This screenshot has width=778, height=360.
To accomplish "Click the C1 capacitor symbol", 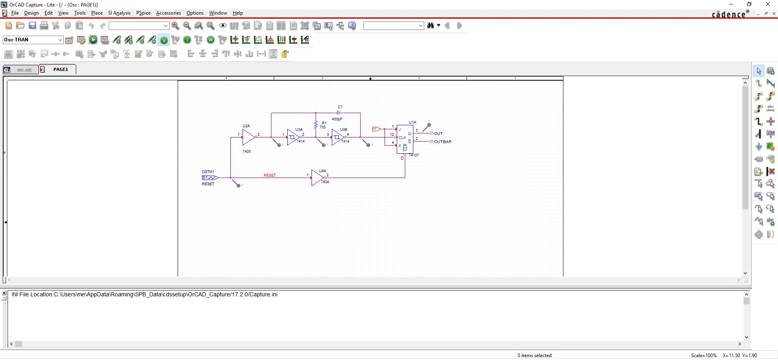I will pyautogui.click(x=338, y=113).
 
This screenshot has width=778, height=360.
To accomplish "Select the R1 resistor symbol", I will pyautogui.click(x=316, y=124).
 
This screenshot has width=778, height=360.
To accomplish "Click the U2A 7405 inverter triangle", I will pyautogui.click(x=248, y=137).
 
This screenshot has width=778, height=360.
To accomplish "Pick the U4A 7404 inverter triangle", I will pyautogui.click(x=317, y=178).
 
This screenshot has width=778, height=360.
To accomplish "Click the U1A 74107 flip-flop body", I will pyautogui.click(x=404, y=139).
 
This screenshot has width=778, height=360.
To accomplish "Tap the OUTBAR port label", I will pyautogui.click(x=443, y=142).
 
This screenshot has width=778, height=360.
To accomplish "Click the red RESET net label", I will pyautogui.click(x=270, y=176).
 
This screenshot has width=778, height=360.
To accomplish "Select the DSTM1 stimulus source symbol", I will pyautogui.click(x=210, y=178).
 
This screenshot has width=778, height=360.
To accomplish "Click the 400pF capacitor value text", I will pyautogui.click(x=337, y=119).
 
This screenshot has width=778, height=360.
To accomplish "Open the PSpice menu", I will pyautogui.click(x=143, y=13).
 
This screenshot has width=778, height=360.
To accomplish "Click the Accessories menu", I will pyautogui.click(x=168, y=13).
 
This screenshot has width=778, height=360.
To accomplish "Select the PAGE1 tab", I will pyautogui.click(x=60, y=69).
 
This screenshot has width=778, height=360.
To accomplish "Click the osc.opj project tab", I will pyautogui.click(x=24, y=70).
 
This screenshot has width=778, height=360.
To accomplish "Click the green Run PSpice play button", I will pyautogui.click(x=93, y=40).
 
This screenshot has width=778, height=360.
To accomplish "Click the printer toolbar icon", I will pyautogui.click(x=44, y=26).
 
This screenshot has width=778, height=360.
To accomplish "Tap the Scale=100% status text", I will pyautogui.click(x=704, y=356).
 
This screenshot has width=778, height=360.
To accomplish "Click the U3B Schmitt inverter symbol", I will pyautogui.click(x=337, y=137).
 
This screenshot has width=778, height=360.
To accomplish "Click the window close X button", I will pyautogui.click(x=767, y=4).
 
